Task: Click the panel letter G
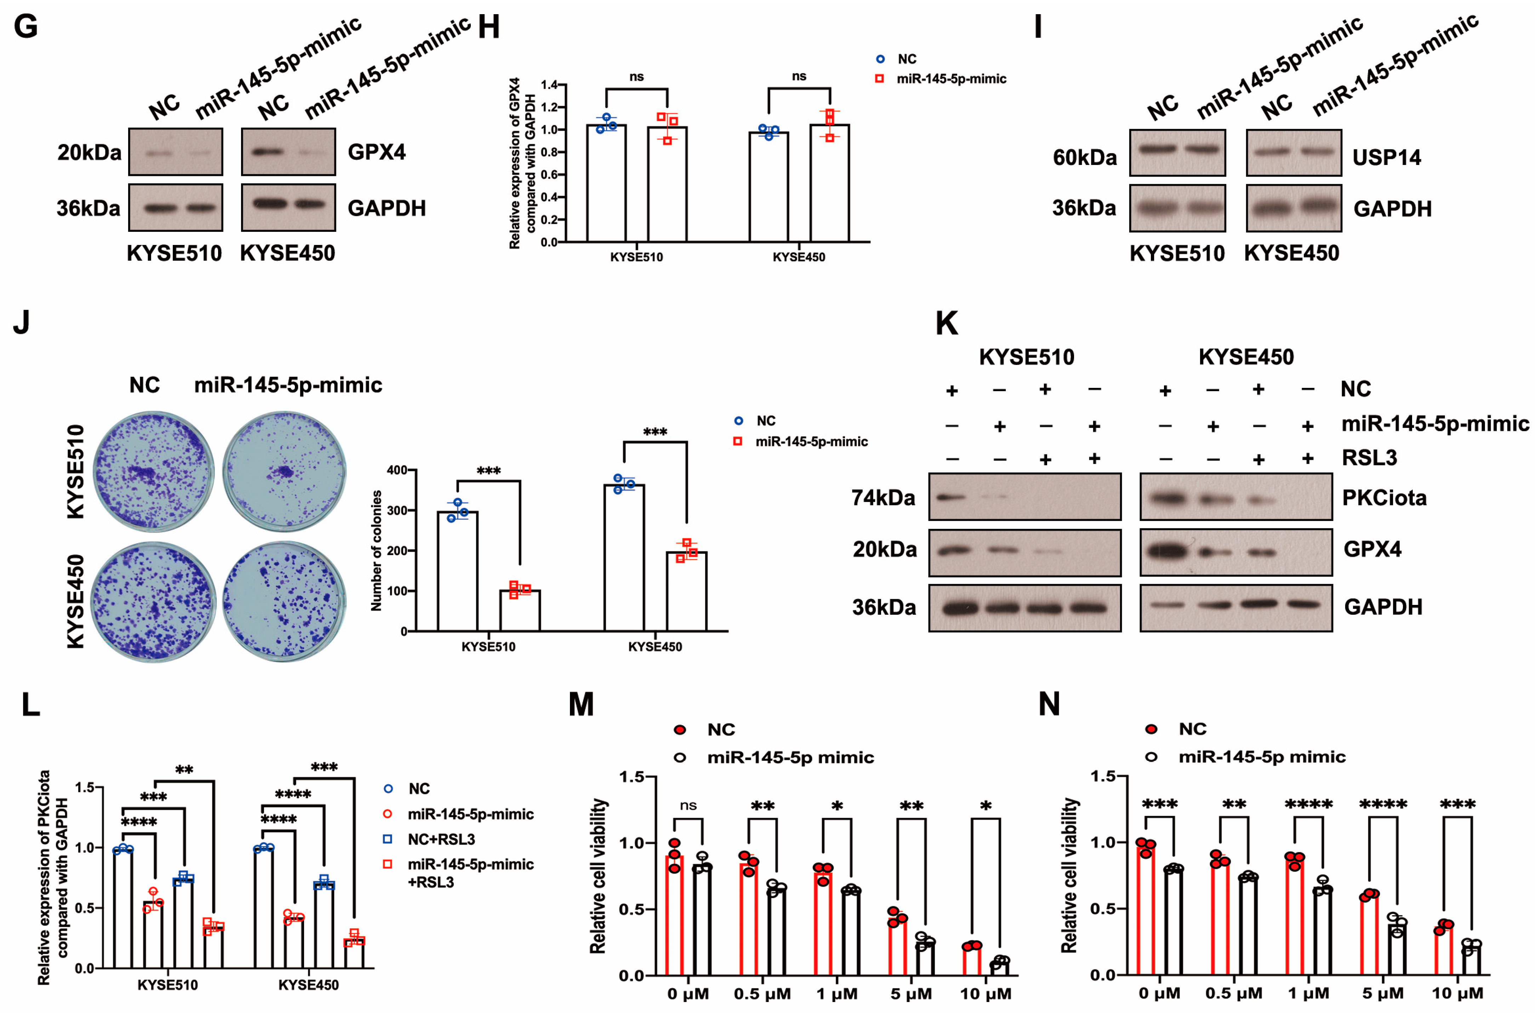point(26,27)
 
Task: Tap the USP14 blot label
point(1386,158)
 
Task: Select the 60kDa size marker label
point(1084,158)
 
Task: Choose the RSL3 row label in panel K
point(1369,458)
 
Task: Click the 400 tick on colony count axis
point(397,470)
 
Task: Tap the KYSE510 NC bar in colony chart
point(457,571)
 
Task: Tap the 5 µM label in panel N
point(1383,993)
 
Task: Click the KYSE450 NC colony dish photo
point(154,602)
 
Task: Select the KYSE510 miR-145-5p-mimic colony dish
point(284,471)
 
